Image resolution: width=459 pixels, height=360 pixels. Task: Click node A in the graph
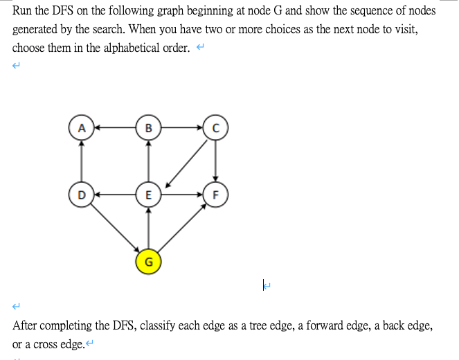(x=82, y=127)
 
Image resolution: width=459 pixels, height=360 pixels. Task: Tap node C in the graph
(x=215, y=127)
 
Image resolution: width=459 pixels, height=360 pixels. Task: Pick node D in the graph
(x=82, y=195)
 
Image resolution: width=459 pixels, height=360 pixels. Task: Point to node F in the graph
(x=215, y=195)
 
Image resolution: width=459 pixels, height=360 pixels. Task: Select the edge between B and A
(x=115, y=127)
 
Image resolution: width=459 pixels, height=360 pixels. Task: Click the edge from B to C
(x=181, y=127)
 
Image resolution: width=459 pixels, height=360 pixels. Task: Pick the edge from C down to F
(x=215, y=161)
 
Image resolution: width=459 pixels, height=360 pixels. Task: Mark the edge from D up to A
(x=82, y=161)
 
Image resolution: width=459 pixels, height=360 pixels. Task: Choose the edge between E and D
(x=115, y=195)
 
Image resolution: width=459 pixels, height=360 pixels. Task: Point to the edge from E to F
(x=181, y=195)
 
